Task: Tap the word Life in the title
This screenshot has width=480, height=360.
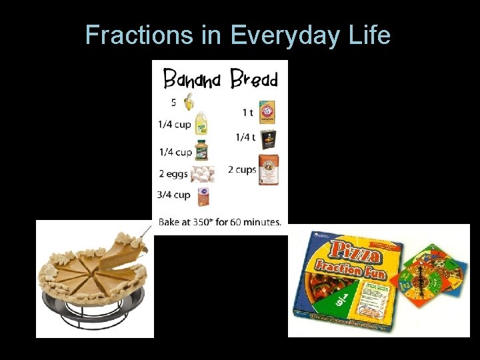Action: [x=369, y=35]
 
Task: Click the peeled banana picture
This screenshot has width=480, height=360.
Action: [x=189, y=102]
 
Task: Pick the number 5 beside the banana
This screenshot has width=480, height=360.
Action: [x=173, y=103]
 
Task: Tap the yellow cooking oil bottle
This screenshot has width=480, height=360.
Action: [x=201, y=125]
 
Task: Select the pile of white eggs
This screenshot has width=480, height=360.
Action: [x=203, y=174]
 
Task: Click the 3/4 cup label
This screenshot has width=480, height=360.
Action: [x=174, y=195]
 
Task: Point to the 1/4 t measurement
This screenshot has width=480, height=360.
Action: [x=245, y=137]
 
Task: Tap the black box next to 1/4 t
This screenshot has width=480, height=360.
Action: [x=268, y=137]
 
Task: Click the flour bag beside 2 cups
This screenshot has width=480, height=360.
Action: [x=268, y=169]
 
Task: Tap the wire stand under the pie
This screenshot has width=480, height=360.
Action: [x=93, y=313]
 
